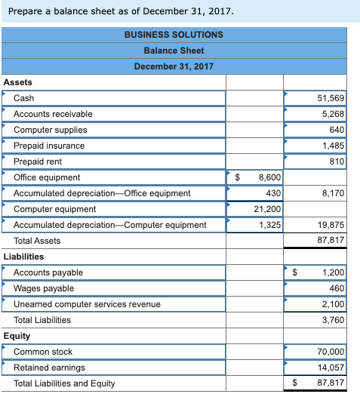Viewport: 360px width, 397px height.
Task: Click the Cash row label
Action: coord(24,98)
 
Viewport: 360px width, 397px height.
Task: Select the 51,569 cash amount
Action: coord(331,98)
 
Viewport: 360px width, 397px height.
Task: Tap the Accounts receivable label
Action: coord(53,114)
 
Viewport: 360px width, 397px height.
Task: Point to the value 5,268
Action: coord(333,114)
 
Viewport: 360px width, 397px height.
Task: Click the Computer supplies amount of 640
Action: coord(337,130)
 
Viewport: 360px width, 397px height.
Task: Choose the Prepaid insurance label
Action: coord(49,146)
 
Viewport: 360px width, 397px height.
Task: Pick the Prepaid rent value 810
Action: coord(337,162)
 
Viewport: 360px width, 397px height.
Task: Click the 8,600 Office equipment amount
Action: coord(269,177)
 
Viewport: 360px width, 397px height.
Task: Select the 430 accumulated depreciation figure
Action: coord(273,193)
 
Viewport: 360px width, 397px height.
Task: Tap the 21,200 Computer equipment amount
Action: coord(268,209)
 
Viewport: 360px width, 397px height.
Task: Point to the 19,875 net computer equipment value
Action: coord(332,225)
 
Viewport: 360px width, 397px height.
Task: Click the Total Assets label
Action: coord(37,241)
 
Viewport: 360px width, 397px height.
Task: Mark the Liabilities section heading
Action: coord(23,257)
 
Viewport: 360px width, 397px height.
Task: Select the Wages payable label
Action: coord(44,288)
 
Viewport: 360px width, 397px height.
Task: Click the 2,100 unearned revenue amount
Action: coord(333,304)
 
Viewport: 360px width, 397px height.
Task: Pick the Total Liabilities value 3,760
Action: coord(333,320)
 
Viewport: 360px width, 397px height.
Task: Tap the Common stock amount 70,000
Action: coord(331,352)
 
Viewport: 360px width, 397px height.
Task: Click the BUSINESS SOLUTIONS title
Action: coord(174,35)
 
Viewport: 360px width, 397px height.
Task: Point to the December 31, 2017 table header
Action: coord(174,66)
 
